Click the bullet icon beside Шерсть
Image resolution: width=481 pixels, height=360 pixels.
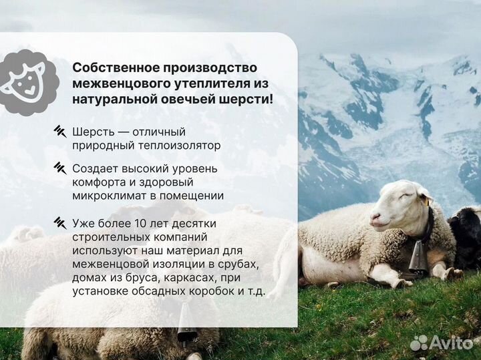60,131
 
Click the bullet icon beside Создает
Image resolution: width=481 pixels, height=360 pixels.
60,168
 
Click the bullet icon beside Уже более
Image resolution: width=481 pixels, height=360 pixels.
60,222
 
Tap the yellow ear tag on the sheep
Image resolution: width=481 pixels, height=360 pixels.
424,200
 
